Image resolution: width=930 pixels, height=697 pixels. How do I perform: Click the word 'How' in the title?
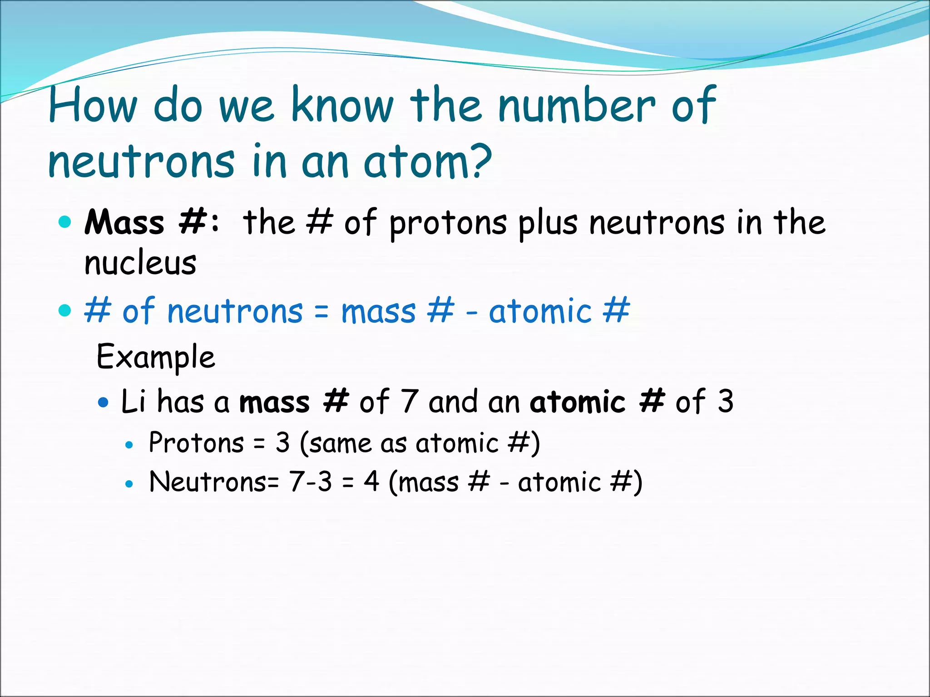[92, 105]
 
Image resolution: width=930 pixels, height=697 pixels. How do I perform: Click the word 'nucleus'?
[140, 263]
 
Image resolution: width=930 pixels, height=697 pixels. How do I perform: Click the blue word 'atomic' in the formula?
[540, 312]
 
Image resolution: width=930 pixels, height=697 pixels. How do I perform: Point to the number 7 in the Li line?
[410, 401]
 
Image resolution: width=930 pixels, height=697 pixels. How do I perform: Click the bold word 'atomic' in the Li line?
[578, 402]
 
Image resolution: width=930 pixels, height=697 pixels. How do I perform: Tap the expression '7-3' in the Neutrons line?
[311, 482]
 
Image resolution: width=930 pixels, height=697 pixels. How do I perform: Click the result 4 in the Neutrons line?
[371, 481]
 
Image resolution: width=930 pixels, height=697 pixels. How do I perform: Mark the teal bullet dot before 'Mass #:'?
[65, 222]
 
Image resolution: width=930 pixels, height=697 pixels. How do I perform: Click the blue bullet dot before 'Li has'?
[104, 402]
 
